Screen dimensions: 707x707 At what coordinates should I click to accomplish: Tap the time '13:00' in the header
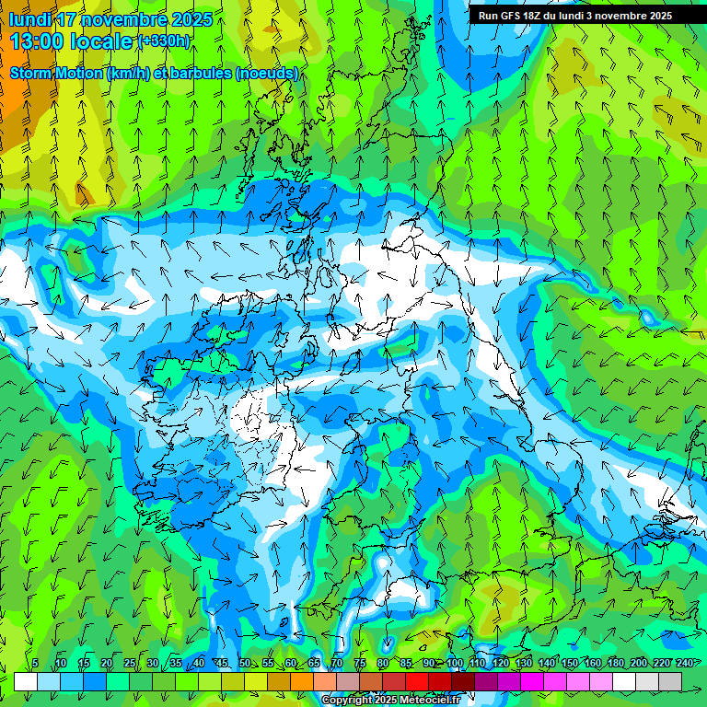[38, 41]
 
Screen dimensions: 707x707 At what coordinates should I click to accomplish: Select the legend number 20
[107, 664]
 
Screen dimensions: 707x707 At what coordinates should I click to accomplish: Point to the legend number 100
[454, 664]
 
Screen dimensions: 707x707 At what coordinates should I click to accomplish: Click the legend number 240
[684, 664]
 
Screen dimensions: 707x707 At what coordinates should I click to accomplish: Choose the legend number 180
[615, 664]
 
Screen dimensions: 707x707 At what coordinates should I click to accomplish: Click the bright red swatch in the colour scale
[417, 681]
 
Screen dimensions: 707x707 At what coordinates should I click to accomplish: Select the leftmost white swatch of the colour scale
[26, 681]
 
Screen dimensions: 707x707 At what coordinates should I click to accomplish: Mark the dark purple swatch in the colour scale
[486, 681]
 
